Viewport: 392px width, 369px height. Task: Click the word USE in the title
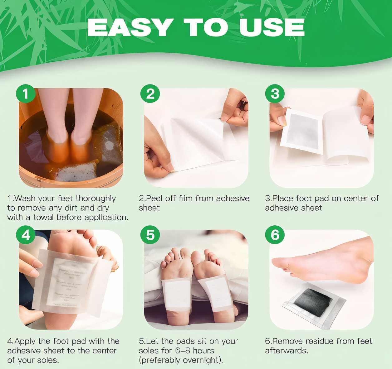point(272,27)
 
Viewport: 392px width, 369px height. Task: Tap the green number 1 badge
point(26,93)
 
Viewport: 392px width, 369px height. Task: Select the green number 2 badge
point(150,93)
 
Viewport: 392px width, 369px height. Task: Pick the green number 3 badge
point(275,93)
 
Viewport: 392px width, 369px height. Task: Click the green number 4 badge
point(26,235)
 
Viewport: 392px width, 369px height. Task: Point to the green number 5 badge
point(150,235)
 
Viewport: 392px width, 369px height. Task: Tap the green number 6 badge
point(275,235)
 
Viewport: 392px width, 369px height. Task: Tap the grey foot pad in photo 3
point(301,132)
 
